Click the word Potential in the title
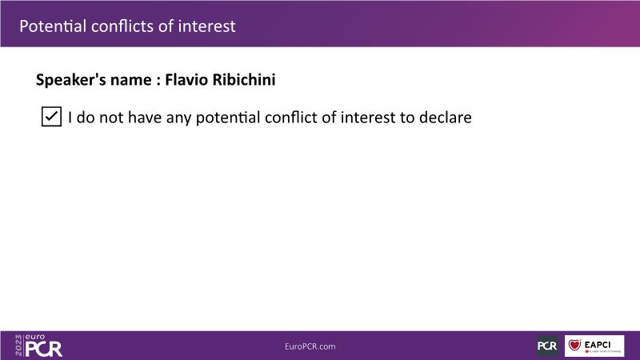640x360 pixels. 53,26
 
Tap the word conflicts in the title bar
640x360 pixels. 122,26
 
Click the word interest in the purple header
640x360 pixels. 206,26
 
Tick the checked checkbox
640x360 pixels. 51,117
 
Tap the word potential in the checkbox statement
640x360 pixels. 228,118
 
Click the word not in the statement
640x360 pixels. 111,118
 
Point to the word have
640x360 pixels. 145,117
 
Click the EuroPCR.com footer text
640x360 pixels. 310,346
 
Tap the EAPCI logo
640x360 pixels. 594,346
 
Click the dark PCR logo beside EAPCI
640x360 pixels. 547,346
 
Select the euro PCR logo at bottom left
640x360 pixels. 38,346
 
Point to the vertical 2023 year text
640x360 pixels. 18,346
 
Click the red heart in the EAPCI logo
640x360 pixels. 574,346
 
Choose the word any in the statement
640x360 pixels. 178,118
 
